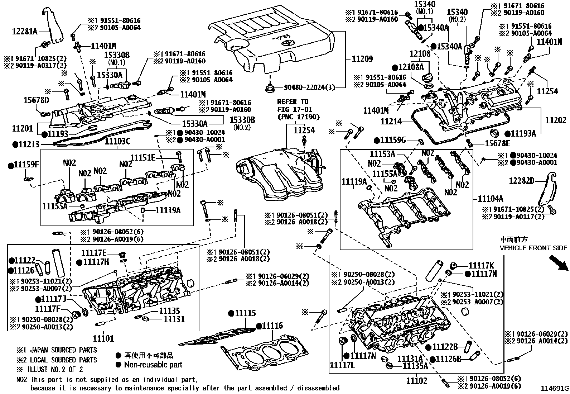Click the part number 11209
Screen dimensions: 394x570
362,59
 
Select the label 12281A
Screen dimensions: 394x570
25,31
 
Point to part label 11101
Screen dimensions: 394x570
103,338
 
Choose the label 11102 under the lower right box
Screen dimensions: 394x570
416,380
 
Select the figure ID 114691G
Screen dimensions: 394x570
555,389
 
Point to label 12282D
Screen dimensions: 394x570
522,181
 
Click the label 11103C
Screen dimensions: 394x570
117,142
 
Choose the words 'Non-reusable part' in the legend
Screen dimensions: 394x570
153,365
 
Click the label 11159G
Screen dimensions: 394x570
393,140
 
